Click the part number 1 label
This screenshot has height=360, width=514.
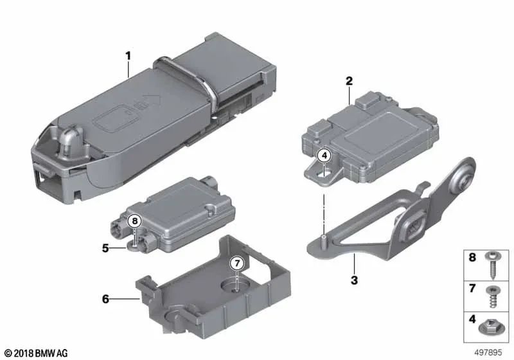coord(128,56)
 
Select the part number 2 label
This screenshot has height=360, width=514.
coord(349,82)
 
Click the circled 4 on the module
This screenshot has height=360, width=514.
coord(324,155)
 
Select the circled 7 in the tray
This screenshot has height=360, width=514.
coord(236,264)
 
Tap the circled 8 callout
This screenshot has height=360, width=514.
coord(134,221)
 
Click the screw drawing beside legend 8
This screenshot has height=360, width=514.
coord(492,262)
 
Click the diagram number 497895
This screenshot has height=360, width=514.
coord(488,352)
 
